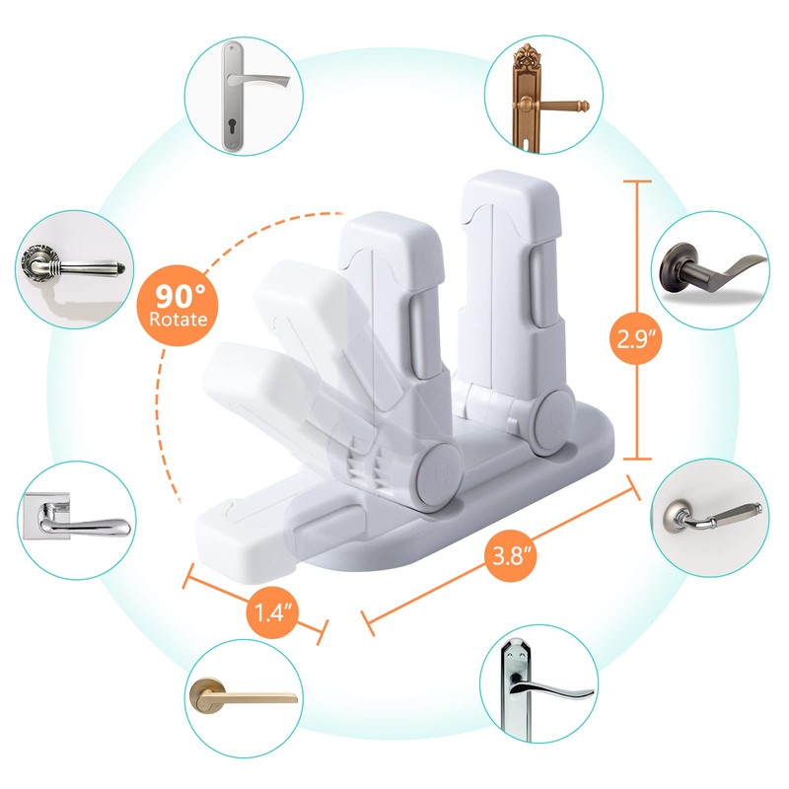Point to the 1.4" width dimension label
[268, 612]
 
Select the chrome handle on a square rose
[74, 520]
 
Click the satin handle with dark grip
[713, 513]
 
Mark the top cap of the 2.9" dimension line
[637, 182]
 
